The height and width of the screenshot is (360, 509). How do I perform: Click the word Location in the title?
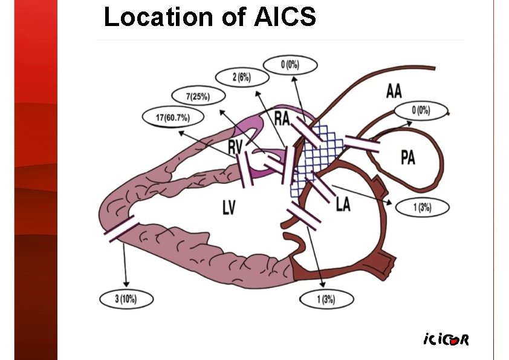pos(154,18)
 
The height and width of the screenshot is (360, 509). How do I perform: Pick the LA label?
pos(343,205)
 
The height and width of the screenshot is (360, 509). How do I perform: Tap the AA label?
pos(394,92)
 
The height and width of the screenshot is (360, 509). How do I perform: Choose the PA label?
pos(407,158)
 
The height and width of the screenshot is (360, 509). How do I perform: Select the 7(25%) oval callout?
pos(198,96)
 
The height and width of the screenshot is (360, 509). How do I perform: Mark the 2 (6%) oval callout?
pos(242,77)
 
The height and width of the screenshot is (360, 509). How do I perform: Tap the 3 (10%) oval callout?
pos(126,299)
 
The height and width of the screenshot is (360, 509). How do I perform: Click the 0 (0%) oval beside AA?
pos(420,111)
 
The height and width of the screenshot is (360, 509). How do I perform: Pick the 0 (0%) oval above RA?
pos(290,65)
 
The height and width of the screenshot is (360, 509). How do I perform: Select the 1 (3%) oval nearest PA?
pos(422,208)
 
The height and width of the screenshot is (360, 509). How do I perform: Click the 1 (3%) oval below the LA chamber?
pos(326,299)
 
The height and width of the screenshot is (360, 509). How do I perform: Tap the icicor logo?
pos(446,339)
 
